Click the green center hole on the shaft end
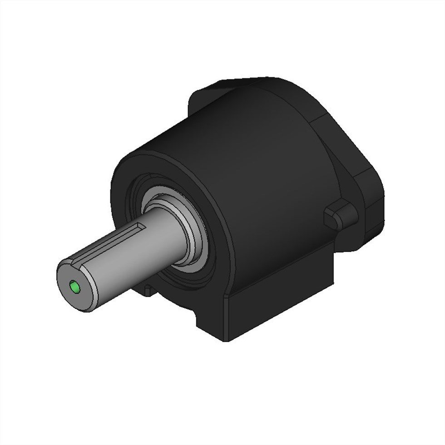coord(75,287)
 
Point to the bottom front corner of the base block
coord(226,340)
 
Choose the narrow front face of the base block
coord(211,320)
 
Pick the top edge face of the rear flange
coord(254,82)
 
